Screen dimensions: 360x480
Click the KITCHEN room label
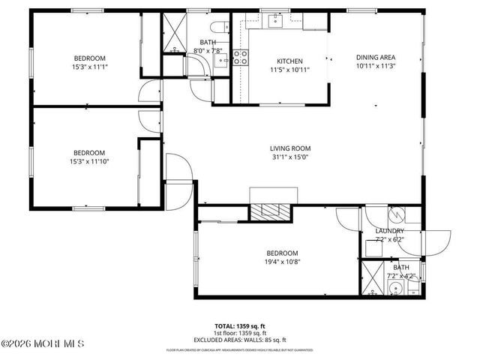pos(289,61)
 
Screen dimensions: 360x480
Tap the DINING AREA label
pos(375,57)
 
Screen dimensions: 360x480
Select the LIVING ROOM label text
pos(290,148)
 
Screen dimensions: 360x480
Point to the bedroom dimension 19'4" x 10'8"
pos(282,262)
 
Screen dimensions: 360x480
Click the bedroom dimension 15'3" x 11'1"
pos(89,67)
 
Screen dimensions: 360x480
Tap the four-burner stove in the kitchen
pos(241,56)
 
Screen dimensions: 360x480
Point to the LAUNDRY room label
pos(390,231)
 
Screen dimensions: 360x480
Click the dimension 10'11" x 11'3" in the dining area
pos(375,65)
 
